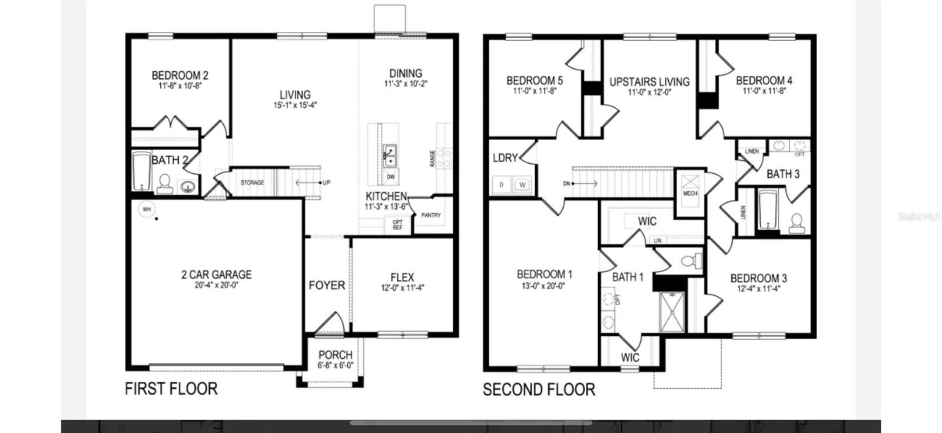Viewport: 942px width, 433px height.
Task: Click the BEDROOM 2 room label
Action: (180, 75)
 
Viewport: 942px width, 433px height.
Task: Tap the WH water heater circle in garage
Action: (146, 209)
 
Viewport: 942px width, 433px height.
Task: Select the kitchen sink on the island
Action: (389, 155)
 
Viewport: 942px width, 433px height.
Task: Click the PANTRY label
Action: (431, 216)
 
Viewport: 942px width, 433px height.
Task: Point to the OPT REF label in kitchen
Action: (397, 224)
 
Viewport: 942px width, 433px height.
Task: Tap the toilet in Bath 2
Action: (164, 183)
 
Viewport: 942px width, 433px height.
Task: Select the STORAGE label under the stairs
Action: (252, 183)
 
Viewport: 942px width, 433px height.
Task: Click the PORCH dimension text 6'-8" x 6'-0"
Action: (335, 365)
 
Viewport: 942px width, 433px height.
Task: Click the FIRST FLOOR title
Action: (171, 389)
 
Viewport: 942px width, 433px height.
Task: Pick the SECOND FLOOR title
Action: (539, 389)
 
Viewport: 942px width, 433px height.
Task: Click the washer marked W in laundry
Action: (522, 185)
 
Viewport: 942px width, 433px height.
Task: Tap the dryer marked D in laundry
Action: (502, 185)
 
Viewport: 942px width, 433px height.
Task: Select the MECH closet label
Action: (690, 193)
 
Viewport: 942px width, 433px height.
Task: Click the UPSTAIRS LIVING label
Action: (649, 82)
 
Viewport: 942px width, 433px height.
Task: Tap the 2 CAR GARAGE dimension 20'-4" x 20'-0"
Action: (216, 285)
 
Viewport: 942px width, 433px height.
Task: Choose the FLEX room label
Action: (402, 277)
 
